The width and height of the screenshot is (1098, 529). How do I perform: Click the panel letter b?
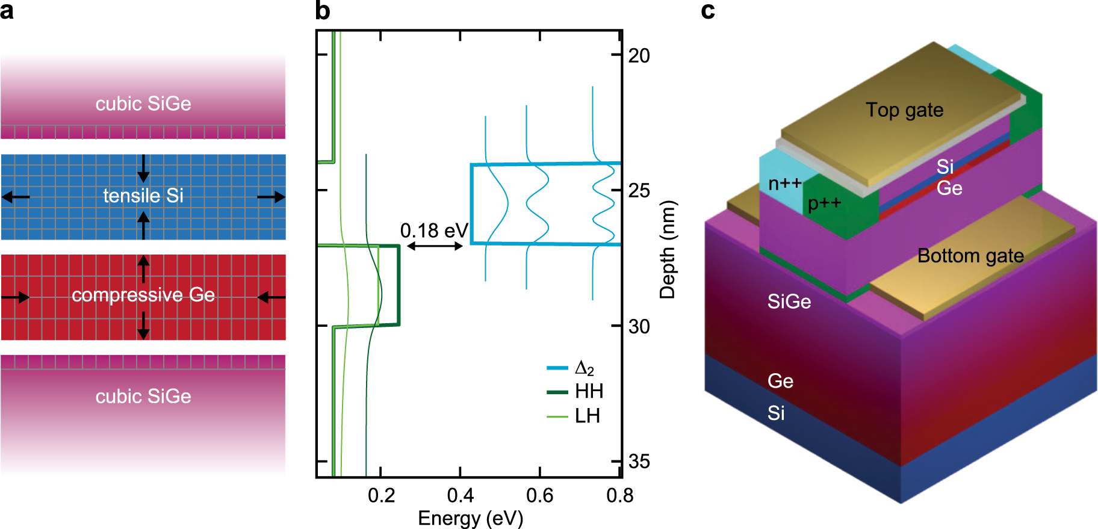(323, 11)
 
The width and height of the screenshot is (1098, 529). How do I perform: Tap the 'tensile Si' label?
(143, 196)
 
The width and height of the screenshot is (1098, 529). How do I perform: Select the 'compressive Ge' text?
(143, 295)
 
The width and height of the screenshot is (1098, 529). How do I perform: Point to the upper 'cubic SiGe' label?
(143, 104)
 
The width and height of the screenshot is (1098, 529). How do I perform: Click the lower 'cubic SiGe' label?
(143, 396)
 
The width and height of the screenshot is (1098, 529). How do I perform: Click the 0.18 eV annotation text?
(433, 230)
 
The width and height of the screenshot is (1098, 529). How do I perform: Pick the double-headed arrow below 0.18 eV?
(435, 246)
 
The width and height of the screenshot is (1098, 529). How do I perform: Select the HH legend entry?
(575, 392)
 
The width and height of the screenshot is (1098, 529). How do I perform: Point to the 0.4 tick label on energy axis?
(460, 495)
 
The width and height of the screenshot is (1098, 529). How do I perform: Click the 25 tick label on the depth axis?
(639, 191)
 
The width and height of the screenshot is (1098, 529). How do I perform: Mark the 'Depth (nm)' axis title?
(668, 250)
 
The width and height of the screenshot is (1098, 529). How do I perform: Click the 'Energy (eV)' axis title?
(470, 518)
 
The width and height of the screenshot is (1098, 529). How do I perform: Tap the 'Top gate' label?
(904, 110)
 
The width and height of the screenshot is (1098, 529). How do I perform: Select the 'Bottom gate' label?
(970, 256)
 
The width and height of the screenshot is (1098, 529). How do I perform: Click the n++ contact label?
(784, 184)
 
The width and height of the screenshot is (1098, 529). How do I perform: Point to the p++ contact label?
(824, 203)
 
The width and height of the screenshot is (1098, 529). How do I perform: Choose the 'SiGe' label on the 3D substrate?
(789, 302)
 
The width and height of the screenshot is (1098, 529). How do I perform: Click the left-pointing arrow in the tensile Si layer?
(16, 197)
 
